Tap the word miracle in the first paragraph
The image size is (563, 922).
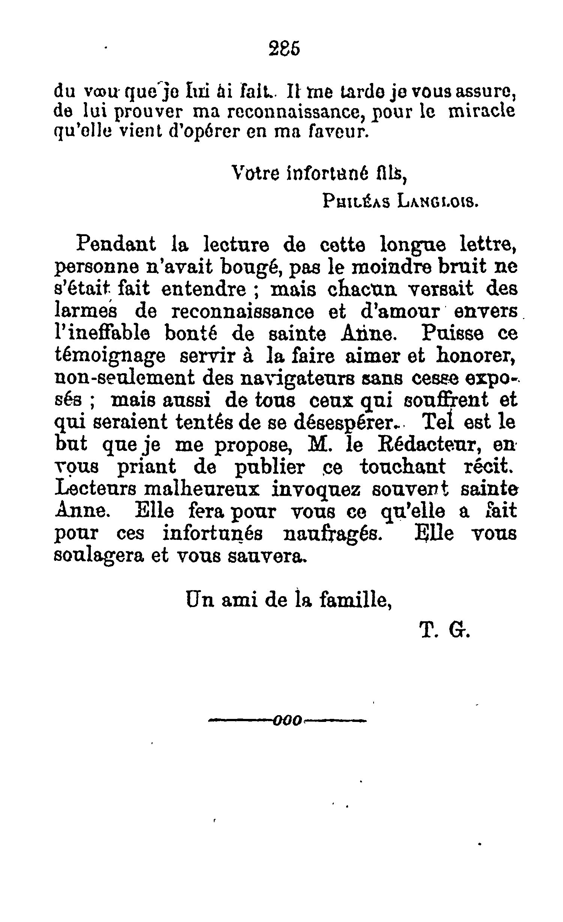482,112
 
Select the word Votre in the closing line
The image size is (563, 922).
255,173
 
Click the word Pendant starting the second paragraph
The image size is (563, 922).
116,244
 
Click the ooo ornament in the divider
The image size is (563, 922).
288,720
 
